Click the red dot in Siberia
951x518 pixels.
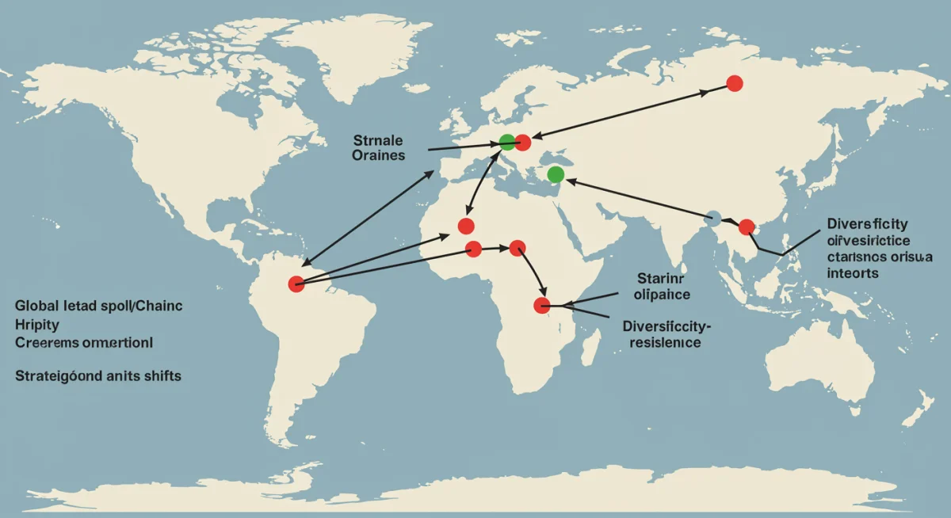click(x=734, y=82)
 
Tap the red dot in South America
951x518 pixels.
click(x=296, y=284)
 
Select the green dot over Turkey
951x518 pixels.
click(x=556, y=174)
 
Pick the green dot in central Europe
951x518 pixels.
click(x=507, y=143)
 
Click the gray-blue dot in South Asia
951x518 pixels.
click(x=713, y=218)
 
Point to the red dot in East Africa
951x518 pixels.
click(x=542, y=305)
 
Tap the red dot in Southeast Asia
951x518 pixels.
click(x=747, y=227)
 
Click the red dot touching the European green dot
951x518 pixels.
click(x=523, y=143)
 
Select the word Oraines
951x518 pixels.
click(x=379, y=155)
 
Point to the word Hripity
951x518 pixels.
click(x=36, y=325)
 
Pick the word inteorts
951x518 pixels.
click(x=851, y=272)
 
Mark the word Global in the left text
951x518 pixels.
click(x=36, y=307)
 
